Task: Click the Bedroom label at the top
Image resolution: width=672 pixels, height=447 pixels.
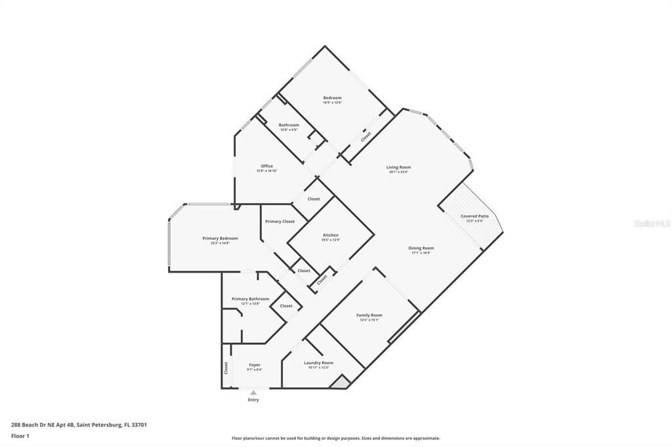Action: click(332, 98)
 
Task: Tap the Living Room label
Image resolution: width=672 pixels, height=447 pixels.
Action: click(398, 167)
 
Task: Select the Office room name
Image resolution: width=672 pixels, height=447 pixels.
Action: click(266, 166)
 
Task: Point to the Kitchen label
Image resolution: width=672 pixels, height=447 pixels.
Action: click(331, 235)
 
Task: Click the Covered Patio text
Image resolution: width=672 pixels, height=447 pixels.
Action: click(474, 216)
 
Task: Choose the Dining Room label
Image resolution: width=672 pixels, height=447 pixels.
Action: click(421, 248)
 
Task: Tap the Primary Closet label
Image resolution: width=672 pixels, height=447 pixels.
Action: click(280, 222)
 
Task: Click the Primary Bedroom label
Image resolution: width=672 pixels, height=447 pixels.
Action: click(220, 238)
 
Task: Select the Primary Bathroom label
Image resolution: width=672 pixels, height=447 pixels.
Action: click(250, 299)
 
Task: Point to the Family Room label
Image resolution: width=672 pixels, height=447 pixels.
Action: click(369, 315)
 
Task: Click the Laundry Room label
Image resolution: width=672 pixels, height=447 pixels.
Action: click(318, 362)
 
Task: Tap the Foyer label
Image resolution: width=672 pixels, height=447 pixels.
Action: click(255, 365)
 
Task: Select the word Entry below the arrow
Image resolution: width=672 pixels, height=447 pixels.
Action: click(253, 400)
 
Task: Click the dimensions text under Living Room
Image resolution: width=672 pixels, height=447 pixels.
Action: click(398, 172)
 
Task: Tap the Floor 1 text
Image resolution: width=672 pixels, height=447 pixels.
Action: click(20, 435)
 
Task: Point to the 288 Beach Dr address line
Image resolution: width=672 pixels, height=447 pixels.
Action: click(79, 425)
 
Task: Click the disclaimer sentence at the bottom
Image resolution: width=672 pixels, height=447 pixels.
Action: click(335, 438)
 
